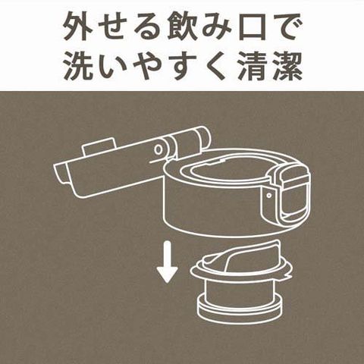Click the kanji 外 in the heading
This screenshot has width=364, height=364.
coord(77,27)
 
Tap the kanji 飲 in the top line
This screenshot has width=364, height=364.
coord(182,27)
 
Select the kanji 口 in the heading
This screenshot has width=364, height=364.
coord(253,28)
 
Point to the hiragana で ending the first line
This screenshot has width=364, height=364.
coord(287,27)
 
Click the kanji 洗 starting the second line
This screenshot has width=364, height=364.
coord(77,66)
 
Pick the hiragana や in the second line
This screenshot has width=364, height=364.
coord(147,66)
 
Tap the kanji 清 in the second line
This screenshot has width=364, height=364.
coord(253,66)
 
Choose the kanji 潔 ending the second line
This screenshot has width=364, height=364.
coord(287,66)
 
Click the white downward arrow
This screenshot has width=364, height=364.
coord(167,262)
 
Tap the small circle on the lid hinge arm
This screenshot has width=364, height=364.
coord(158,149)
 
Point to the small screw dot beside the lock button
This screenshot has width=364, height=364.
coord(269,195)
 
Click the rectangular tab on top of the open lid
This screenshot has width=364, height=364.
coord(99,146)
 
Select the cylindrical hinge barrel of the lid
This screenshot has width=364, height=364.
coord(187,142)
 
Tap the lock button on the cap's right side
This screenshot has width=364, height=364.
coord(293,195)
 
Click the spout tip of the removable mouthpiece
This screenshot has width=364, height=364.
coord(275,245)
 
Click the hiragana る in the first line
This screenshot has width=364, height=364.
coord(147,28)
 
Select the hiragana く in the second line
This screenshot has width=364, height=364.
coord(215,66)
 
